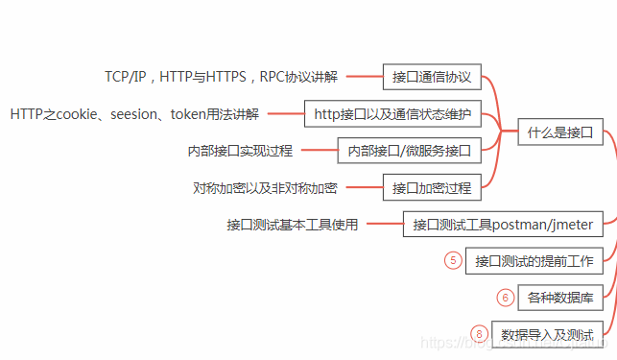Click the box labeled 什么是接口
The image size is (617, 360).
559,132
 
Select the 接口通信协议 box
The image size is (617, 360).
432,77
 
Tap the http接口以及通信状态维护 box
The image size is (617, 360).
392,114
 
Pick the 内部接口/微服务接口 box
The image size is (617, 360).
409,151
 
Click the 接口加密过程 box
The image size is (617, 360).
432,187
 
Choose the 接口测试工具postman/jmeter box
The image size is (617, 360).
503,225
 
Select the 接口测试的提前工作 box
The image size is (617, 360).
534,261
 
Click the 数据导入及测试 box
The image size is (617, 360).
547,334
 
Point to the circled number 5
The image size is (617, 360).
454,260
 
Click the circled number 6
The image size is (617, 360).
506,298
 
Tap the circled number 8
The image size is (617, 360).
480,334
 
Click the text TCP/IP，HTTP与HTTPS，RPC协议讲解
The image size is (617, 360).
220,77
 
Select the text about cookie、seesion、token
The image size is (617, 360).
134,114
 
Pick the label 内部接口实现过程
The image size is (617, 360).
240,151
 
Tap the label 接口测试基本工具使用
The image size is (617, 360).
292,225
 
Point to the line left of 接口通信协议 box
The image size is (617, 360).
365,77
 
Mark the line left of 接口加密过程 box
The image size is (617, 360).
365,188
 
